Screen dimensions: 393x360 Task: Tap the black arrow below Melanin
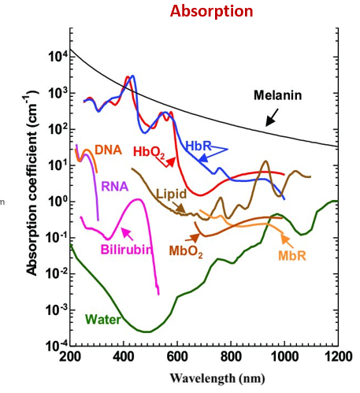272,118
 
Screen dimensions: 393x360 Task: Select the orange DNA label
107,149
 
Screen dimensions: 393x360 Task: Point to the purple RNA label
112,186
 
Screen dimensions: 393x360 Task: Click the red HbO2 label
148,151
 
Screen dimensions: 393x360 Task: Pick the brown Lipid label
170,193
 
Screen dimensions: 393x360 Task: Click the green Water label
104,319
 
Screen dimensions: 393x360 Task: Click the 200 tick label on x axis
71,359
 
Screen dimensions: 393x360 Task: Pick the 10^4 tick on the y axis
56,56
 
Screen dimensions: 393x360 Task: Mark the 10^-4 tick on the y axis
54,345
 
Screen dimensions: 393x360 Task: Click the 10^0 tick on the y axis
56,201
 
